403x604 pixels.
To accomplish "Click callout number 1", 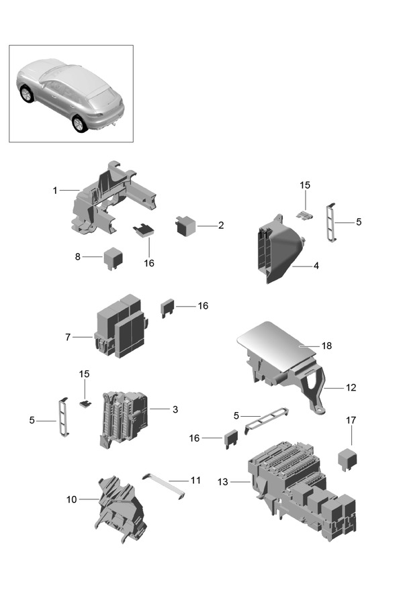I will pos(55,191).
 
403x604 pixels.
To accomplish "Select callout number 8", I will pos(77,256).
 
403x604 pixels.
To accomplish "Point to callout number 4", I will pos(316,266).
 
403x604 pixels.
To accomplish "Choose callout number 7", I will pos(68,336).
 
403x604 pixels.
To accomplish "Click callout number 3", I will pos(175,409).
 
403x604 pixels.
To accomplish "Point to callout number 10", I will pos(72,499).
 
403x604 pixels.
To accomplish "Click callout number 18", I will pos(327,346).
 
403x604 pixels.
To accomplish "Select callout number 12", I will pos(351,387).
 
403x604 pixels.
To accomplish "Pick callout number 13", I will pos(222,482).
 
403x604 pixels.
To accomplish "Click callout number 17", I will pos(351,421).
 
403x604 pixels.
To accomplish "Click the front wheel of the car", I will pos(79,123).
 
